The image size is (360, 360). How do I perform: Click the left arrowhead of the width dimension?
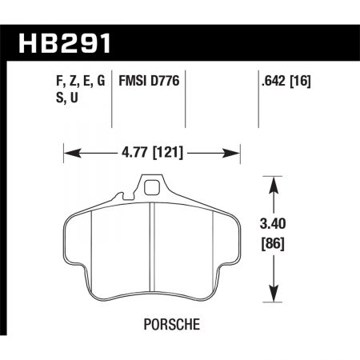point(68,150)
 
